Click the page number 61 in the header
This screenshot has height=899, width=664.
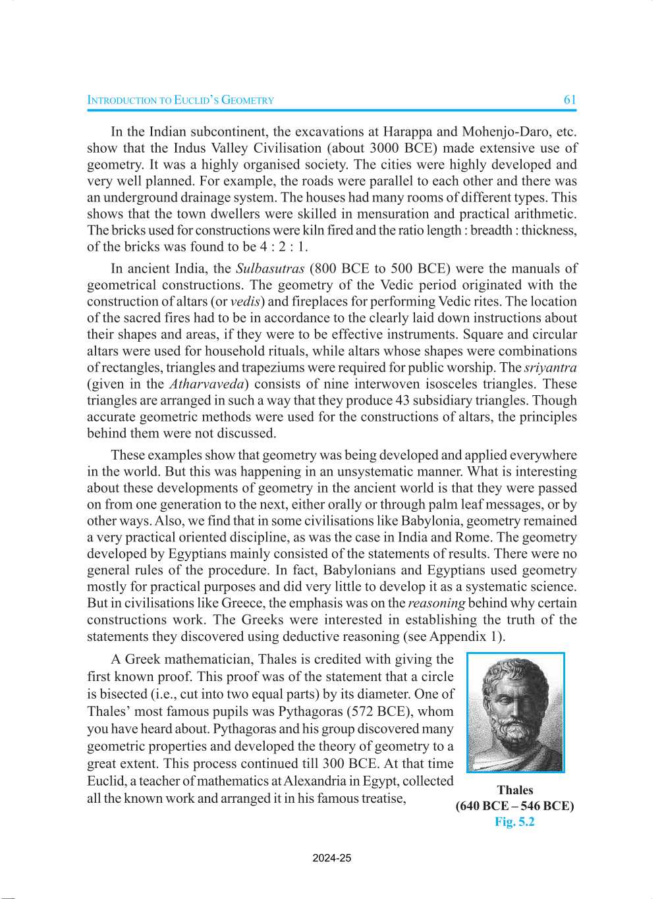click(x=570, y=100)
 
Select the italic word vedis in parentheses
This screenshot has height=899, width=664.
click(x=245, y=302)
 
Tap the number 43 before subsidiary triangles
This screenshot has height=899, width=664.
click(x=402, y=400)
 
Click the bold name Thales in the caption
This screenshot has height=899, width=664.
click(x=515, y=790)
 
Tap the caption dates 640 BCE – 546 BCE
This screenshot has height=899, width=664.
click(x=515, y=806)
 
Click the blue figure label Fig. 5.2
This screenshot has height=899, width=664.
click(x=515, y=822)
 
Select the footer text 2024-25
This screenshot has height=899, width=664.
click(x=332, y=858)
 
